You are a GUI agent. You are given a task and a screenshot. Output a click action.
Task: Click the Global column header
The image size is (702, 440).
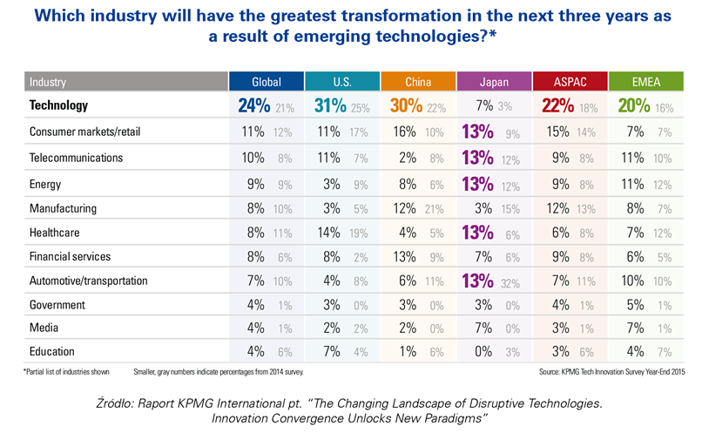pyautogui.click(x=266, y=82)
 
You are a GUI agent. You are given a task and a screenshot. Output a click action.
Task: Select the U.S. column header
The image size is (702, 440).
pyautogui.click(x=341, y=82)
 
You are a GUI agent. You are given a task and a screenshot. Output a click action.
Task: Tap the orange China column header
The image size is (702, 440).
pyautogui.click(x=417, y=82)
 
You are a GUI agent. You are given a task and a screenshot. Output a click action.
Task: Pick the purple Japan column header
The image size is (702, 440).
pyautogui.click(x=494, y=82)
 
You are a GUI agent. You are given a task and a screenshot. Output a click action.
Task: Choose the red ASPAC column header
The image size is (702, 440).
pyautogui.click(x=570, y=82)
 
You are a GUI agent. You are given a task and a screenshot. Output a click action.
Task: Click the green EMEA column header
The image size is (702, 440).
pyautogui.click(x=645, y=82)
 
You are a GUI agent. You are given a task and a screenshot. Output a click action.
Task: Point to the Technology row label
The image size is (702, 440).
pyautogui.click(x=59, y=105)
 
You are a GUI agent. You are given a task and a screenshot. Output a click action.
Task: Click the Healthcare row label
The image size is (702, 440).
pyautogui.click(x=54, y=232)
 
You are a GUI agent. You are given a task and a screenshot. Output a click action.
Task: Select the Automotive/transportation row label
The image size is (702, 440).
pyautogui.click(x=89, y=281)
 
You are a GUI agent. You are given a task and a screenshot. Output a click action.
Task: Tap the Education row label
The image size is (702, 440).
pyautogui.click(x=52, y=351)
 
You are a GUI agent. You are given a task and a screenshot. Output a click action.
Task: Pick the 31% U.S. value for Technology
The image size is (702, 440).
pyautogui.click(x=330, y=106)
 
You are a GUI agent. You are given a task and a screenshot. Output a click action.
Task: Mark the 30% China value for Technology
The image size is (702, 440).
pyautogui.click(x=406, y=106)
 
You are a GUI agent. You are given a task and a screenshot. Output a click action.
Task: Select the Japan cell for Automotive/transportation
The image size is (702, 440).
pyautogui.click(x=494, y=281)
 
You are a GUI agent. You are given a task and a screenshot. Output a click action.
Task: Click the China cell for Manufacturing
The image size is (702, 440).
pyautogui.click(x=417, y=208)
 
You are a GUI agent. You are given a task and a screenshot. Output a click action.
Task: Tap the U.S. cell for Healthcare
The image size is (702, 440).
pyautogui.click(x=341, y=232)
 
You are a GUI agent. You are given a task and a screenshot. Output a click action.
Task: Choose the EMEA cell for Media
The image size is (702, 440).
pyautogui.click(x=645, y=328)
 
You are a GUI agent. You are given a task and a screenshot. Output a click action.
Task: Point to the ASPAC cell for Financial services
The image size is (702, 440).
pyautogui.click(x=570, y=257)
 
